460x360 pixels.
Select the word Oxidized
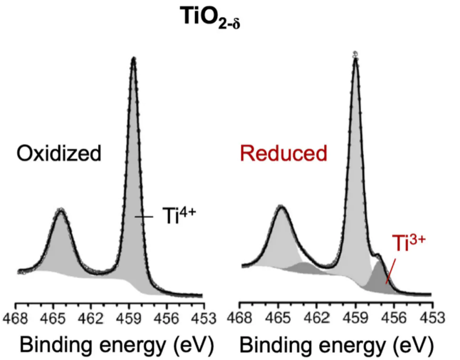[x=59, y=153]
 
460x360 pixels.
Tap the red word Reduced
[x=286, y=153]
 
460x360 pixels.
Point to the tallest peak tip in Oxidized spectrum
[x=134, y=59]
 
